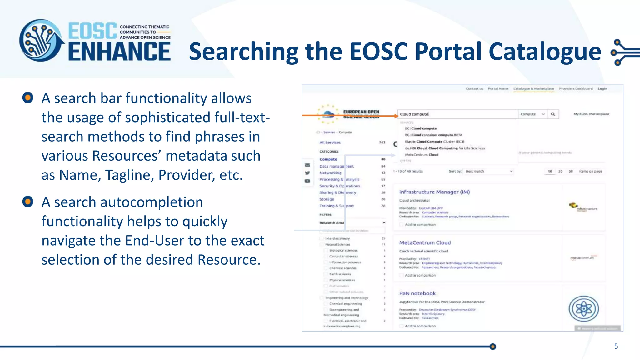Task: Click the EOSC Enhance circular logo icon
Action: tap(41, 41)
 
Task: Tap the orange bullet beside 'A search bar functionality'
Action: tap(28, 97)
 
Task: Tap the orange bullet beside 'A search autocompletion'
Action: tap(28, 202)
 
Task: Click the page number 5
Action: tap(616, 346)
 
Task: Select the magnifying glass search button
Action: tap(553, 114)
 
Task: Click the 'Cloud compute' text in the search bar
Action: tap(414, 114)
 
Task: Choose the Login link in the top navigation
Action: tap(602, 89)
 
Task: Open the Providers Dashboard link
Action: tap(576, 89)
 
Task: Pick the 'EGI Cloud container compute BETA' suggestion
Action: tap(433, 135)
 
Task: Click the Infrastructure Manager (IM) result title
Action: tap(434, 192)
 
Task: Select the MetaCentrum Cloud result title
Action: tap(425, 242)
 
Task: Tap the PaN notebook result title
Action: tap(417, 293)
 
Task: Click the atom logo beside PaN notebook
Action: tap(583, 309)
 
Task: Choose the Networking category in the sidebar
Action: tap(330, 173)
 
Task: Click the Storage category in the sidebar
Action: tap(327, 199)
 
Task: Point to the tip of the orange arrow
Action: tap(398, 116)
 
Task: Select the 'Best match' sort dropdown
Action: tap(488, 171)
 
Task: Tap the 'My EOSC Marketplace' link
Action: tap(591, 114)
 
